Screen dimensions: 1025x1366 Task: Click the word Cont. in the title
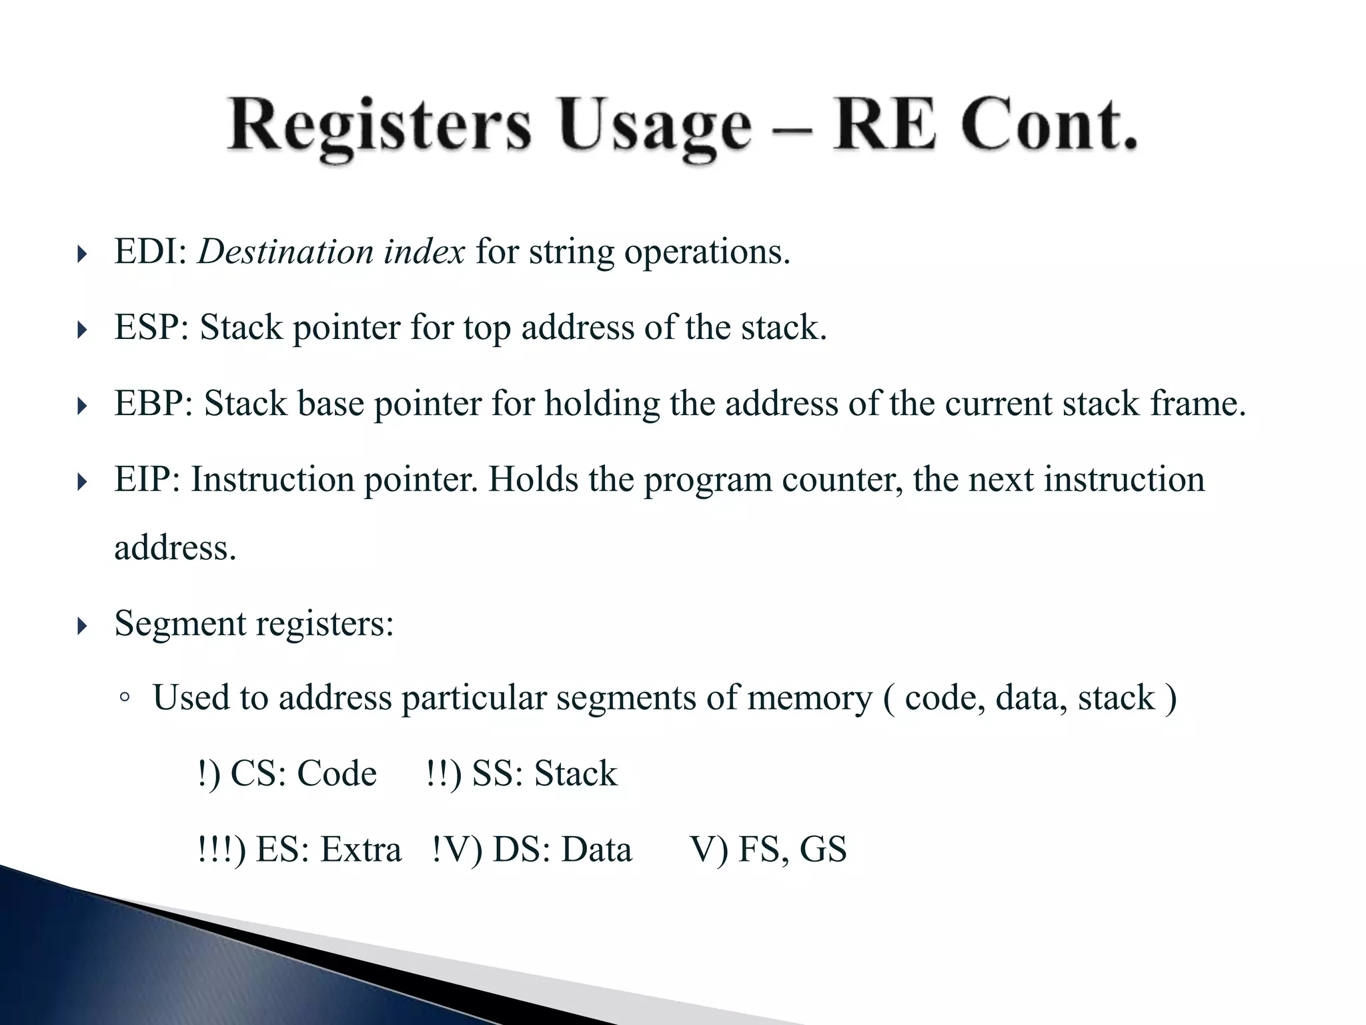tap(1049, 125)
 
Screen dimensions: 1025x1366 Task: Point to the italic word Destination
tap(285, 252)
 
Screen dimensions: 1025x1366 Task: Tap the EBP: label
tap(154, 404)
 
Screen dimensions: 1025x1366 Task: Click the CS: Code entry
tap(303, 774)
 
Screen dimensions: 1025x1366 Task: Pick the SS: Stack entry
tap(544, 774)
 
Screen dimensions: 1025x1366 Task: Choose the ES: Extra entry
tap(328, 850)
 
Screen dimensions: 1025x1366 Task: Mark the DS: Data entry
tap(562, 850)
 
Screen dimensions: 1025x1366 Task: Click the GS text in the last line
tap(823, 850)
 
